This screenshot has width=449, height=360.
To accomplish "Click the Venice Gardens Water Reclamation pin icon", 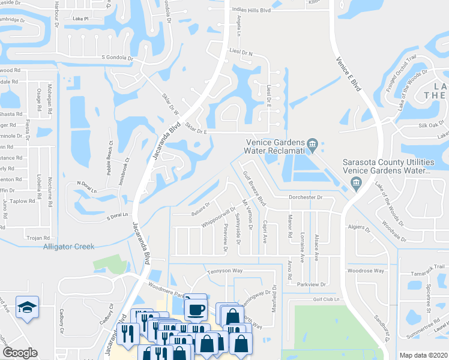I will pos(312,145).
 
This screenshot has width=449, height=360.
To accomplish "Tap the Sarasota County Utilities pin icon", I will pos(357,184).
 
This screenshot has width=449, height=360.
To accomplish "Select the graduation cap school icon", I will pos(28,308).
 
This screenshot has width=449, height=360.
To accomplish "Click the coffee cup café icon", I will pos(195,308).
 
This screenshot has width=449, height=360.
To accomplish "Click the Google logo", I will pos(19,353).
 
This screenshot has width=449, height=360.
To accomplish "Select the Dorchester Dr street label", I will pos(306,197).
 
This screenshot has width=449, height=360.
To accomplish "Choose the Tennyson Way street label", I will pos(225,271).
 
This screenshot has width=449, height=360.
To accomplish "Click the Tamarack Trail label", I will pos(426,266).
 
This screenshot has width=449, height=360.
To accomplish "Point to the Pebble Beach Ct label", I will pos(110,158).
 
